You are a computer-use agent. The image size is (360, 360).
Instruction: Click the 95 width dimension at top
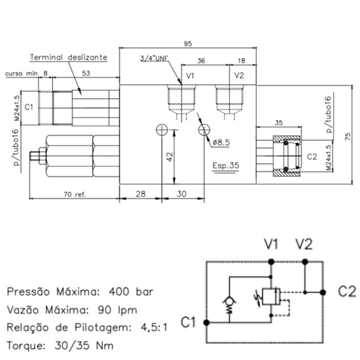point(188,44)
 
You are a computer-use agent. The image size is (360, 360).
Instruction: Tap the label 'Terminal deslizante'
point(68,57)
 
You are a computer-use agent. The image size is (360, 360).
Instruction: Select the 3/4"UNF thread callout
point(154,58)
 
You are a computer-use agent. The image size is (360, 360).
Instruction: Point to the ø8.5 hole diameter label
point(221,143)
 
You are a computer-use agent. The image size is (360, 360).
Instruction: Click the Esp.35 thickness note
point(226,166)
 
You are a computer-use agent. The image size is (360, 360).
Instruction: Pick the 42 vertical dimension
point(170,157)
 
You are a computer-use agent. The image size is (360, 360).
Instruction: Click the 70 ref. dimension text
point(74,194)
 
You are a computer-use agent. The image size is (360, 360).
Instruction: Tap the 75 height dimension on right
point(348,137)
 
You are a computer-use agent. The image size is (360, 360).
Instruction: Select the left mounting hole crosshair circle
point(162,130)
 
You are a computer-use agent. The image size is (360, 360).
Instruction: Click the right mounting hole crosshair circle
point(204,130)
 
